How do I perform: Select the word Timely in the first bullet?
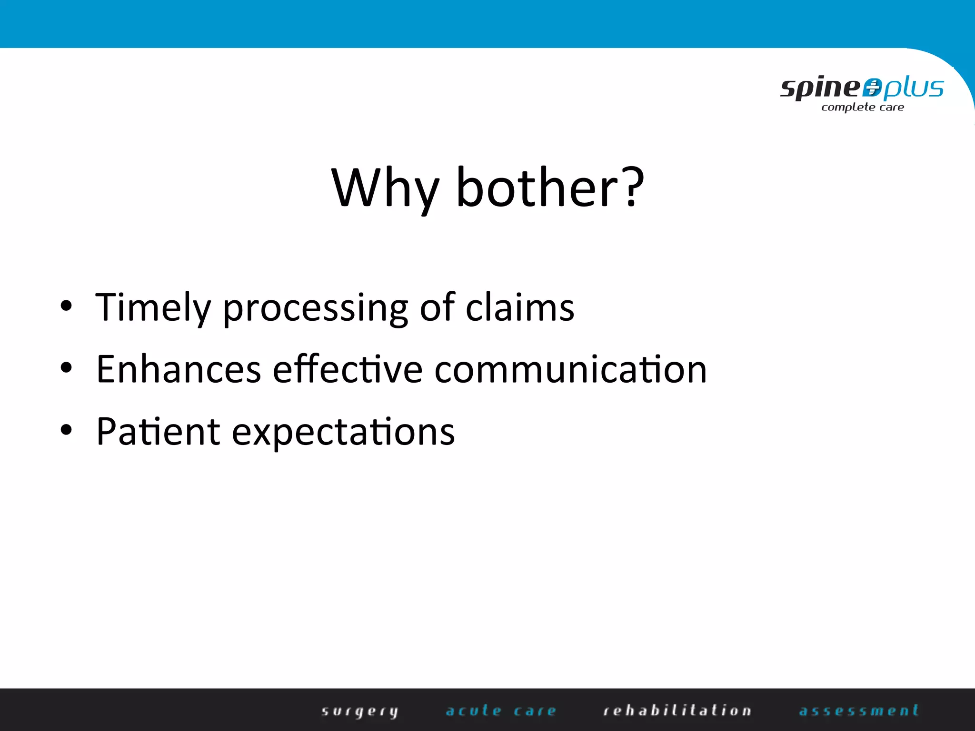(x=152, y=308)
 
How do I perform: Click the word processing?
(x=315, y=309)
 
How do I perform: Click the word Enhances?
(x=179, y=369)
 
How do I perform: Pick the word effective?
(x=347, y=369)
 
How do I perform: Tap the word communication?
(x=570, y=369)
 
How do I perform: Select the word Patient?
(x=158, y=431)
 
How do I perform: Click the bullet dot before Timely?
(x=66, y=306)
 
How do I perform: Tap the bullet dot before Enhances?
(x=66, y=368)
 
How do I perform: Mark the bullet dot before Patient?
(x=66, y=430)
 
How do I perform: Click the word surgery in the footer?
(x=360, y=711)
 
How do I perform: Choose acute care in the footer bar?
(x=501, y=711)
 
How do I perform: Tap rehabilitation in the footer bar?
(x=677, y=711)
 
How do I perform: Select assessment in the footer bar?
(x=859, y=711)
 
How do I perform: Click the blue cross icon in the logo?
(x=872, y=88)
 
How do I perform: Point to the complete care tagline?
(x=863, y=108)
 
